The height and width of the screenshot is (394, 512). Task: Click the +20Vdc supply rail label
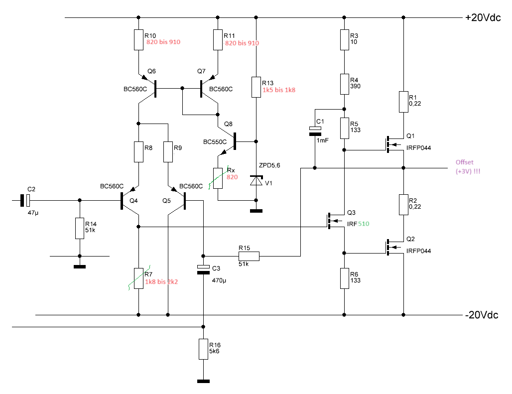pos(483,17)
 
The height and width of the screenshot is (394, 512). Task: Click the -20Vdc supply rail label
pos(482,315)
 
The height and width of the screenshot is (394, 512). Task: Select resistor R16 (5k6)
pos(203,349)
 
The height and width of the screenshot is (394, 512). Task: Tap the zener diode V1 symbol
pos(256,180)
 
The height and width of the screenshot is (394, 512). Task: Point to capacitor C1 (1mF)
pos(315,131)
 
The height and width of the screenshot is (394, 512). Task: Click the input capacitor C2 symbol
pos(25,200)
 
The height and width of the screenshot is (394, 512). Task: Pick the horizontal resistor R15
pos(249,256)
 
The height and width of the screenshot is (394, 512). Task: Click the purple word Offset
pos(464,162)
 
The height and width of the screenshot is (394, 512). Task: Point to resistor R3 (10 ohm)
pos(345,40)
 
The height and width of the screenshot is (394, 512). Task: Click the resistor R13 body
pos(256,87)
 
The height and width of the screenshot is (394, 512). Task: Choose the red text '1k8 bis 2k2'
pos(161,282)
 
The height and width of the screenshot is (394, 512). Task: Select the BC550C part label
pos(215,142)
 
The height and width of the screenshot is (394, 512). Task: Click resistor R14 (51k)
pos(80,229)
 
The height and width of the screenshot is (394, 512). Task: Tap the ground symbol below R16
pos(203,381)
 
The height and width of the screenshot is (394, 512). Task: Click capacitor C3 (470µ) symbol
pos(203,269)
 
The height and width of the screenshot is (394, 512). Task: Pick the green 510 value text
pos(364,224)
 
